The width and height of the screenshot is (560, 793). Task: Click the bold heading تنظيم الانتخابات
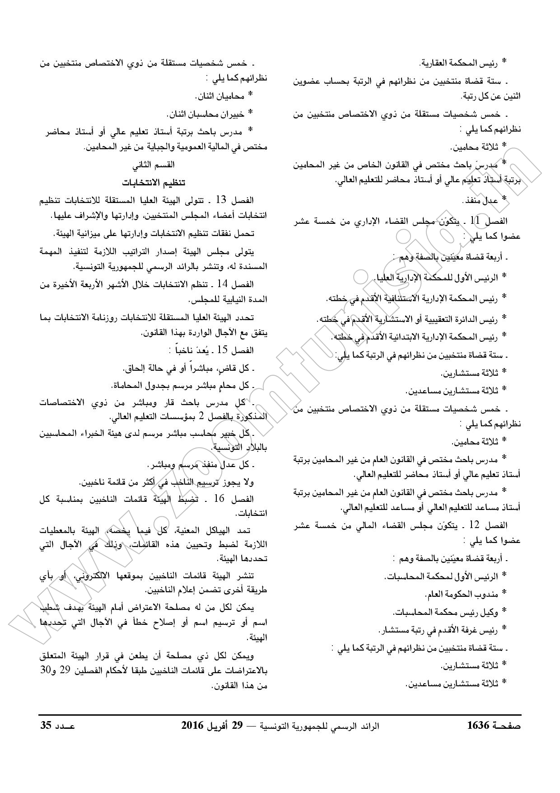tap(154, 183)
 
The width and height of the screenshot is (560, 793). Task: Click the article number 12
tap(474, 525)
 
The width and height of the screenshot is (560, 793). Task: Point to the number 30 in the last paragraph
tap(46, 670)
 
